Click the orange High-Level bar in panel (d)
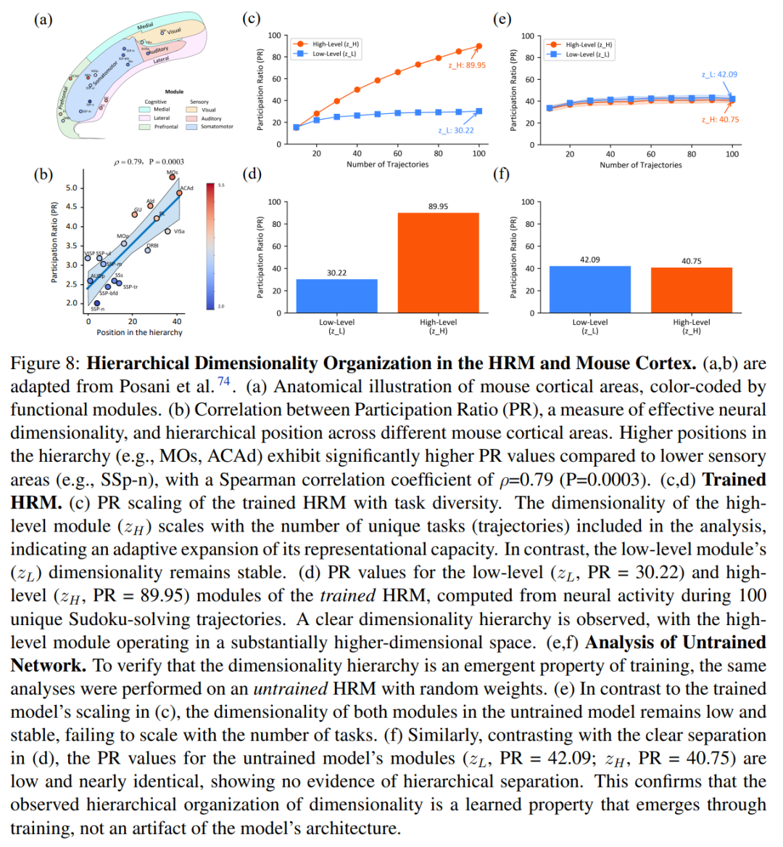pyautogui.click(x=438, y=263)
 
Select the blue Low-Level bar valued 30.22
pyautogui.click(x=336, y=296)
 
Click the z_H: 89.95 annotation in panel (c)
pyautogui.click(x=467, y=65)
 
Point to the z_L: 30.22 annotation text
pyautogui.click(x=456, y=131)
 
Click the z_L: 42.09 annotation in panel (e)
pyautogui.click(x=719, y=74)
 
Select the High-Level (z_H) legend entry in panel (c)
pyautogui.click(x=335, y=44)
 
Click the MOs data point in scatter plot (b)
pyautogui.click(x=173, y=177)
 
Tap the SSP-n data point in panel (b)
pyautogui.click(x=97, y=303)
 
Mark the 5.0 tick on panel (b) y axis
pyautogui.click(x=71, y=188)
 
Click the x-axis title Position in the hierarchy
pyautogui.click(x=139, y=333)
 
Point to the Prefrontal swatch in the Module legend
pyautogui.click(x=144, y=127)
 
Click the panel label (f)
pyautogui.click(x=502, y=173)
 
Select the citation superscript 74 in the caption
pyautogui.click(x=224, y=381)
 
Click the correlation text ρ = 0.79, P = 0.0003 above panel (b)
pyautogui.click(x=149, y=162)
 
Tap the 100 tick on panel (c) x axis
pyautogui.click(x=478, y=154)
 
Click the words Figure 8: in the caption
pyautogui.click(x=46, y=363)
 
